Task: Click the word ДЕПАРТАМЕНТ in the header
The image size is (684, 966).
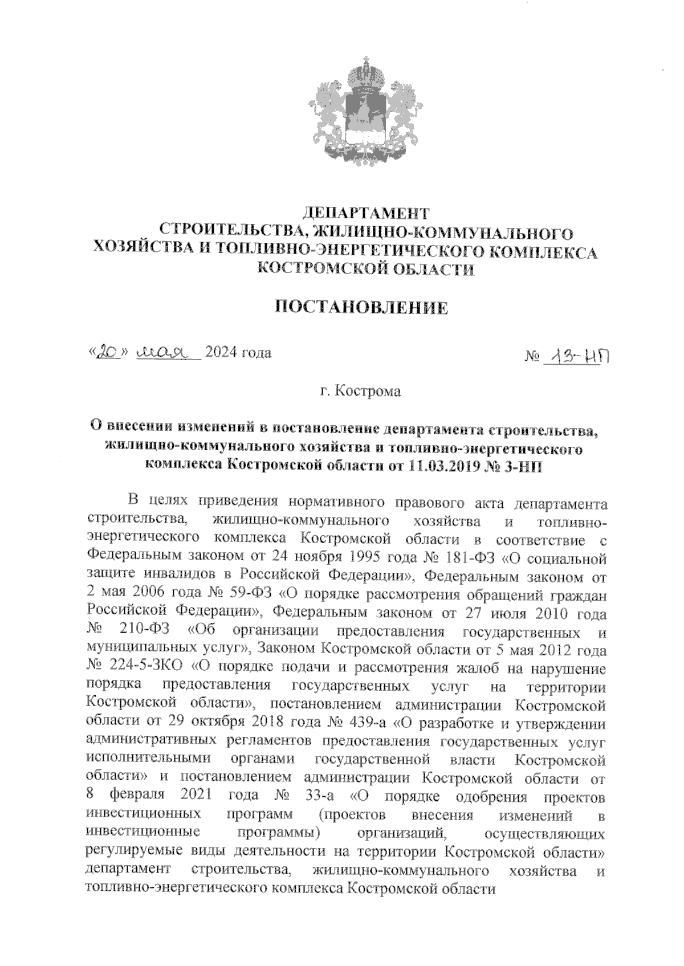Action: (365, 214)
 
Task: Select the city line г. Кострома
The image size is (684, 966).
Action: (360, 392)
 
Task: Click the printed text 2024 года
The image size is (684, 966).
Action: (238, 353)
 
